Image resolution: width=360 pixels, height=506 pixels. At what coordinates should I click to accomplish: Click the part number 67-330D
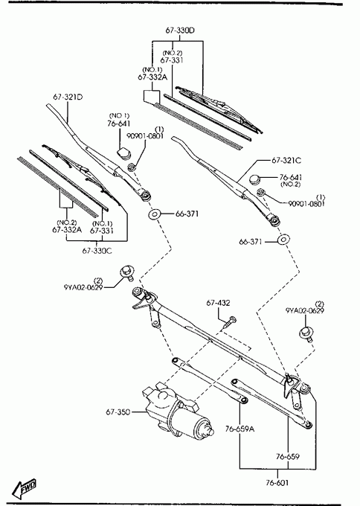[180, 31]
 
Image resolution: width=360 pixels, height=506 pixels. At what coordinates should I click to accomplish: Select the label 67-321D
[68, 97]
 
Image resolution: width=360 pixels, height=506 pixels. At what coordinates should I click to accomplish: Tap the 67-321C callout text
[286, 161]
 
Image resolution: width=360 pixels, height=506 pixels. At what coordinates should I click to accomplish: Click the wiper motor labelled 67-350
[176, 409]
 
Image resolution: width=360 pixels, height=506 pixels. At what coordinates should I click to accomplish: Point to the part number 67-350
[118, 411]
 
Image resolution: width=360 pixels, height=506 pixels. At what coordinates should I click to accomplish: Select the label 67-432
[219, 303]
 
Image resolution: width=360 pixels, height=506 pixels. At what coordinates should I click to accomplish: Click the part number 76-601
[277, 483]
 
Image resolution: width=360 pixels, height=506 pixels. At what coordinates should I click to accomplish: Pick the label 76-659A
[240, 429]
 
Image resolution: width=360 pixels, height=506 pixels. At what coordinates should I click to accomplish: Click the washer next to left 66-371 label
[155, 214]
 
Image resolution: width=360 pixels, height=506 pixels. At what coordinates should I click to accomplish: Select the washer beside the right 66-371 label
[283, 240]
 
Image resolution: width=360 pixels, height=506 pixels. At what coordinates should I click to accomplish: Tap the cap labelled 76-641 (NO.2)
[255, 179]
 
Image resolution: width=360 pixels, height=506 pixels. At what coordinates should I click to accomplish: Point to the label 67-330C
[97, 251]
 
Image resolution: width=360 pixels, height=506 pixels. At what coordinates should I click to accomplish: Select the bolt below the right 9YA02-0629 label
[306, 333]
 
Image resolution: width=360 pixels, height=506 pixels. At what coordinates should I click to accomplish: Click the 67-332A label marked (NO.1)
[152, 77]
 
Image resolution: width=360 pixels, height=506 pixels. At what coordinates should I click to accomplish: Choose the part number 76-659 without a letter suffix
[288, 456]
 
